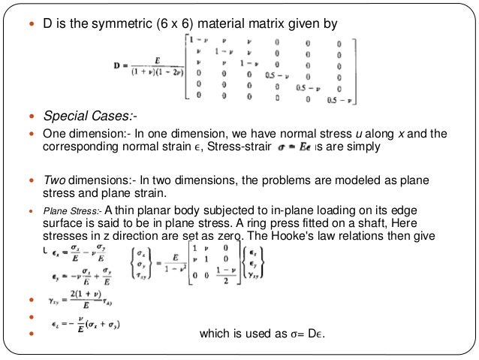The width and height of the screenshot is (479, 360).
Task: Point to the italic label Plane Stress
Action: point(72,211)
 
